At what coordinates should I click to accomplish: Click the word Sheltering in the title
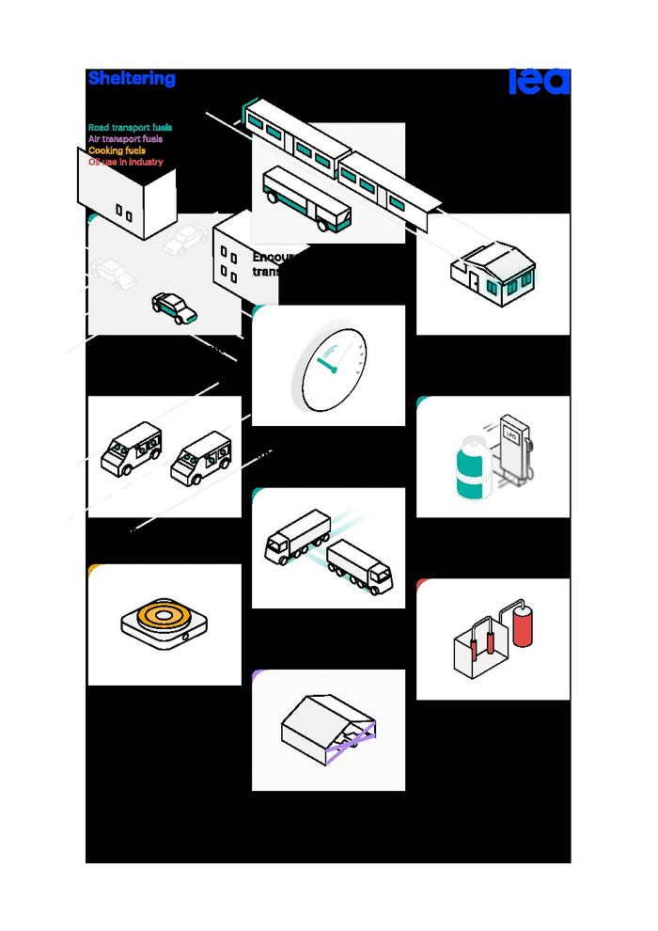pos(132,79)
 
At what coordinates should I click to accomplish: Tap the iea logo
pos(540,82)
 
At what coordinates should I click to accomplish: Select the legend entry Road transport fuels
pos(130,128)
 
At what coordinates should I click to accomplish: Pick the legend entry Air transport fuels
pos(125,139)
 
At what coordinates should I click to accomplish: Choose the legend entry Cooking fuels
pos(117,150)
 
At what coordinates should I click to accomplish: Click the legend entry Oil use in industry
pos(125,162)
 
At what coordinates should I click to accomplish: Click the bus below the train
pos(306,199)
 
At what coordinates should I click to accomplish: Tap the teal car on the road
pos(175,308)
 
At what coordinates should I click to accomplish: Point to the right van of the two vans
pos(201,459)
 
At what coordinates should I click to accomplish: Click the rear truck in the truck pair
pos(297,536)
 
